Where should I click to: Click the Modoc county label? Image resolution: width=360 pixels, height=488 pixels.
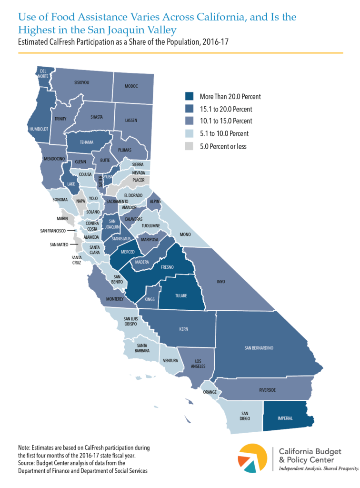pyautogui.click(x=131, y=86)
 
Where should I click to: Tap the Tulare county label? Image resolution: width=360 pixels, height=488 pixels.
pyautogui.click(x=180, y=295)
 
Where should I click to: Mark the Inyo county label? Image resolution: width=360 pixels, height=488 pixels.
pyautogui.click(x=220, y=282)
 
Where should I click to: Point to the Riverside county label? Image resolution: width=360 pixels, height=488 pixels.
pyautogui.click(x=267, y=390)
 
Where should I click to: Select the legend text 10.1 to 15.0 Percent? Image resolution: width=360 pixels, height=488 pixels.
pyautogui.click(x=226, y=121)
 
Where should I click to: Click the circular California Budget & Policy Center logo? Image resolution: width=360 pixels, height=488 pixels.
pyautogui.click(x=254, y=459)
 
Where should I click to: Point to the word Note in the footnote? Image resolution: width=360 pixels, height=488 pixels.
pyautogui.click(x=24, y=447)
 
